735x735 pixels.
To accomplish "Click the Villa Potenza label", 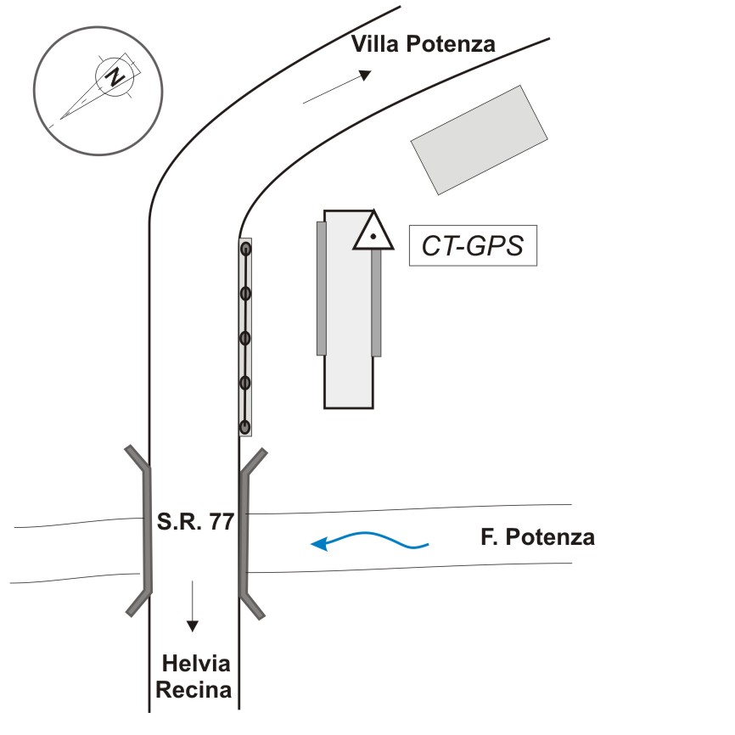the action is [x=424, y=44].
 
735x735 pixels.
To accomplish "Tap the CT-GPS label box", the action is [x=473, y=245].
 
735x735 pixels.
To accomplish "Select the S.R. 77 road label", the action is [x=195, y=521].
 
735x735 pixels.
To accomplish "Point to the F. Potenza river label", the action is [x=537, y=536].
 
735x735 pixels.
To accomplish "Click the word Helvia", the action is [x=196, y=664].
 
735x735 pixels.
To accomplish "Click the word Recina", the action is [x=194, y=690].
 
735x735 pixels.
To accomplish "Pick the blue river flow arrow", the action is [x=370, y=541].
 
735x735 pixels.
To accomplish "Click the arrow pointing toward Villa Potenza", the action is [x=338, y=87].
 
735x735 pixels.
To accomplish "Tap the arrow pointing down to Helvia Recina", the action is [x=192, y=606].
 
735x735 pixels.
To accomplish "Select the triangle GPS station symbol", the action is [x=373, y=231].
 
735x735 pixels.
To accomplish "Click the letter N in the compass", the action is [x=115, y=76].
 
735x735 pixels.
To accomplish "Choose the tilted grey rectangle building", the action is [x=479, y=140].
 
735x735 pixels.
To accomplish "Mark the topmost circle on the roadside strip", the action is [x=245, y=250].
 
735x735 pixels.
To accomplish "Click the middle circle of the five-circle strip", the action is [x=245, y=338].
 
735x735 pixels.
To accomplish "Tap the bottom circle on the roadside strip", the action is [x=245, y=427].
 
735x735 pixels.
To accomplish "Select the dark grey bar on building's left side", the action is [x=322, y=289].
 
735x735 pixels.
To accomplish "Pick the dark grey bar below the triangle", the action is [x=376, y=303].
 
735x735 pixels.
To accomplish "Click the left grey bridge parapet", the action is [x=141, y=530].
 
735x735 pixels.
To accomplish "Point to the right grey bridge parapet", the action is [x=251, y=534].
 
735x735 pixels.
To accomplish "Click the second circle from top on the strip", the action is [x=245, y=294].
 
